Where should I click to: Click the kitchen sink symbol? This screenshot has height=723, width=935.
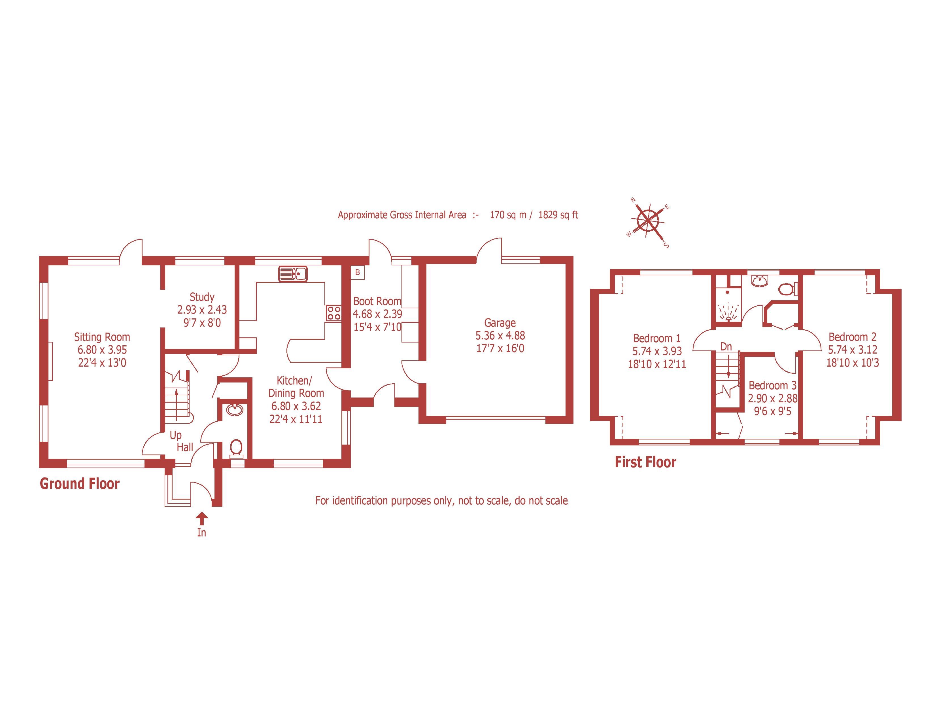293,273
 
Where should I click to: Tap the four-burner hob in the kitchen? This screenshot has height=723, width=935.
334,313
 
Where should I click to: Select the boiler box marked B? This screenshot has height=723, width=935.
358,273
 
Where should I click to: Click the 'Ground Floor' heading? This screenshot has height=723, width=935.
80,484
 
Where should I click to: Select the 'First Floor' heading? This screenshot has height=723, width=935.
645,462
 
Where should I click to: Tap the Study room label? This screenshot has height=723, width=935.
202,297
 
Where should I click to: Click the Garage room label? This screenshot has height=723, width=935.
500,323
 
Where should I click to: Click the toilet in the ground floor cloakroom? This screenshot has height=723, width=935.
236,448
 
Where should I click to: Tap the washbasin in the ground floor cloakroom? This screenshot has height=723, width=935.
235,410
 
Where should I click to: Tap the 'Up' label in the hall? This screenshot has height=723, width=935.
176,435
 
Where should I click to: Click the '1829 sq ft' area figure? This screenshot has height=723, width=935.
558,215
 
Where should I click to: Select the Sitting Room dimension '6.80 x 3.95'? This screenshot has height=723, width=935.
102,350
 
